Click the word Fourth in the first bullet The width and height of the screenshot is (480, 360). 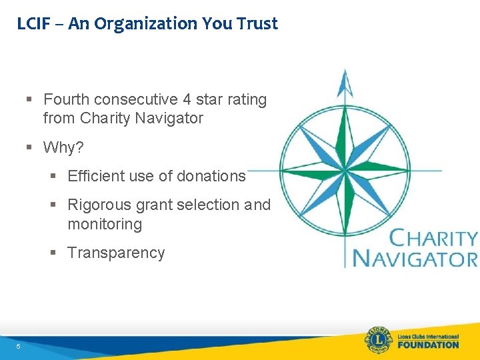(67, 100)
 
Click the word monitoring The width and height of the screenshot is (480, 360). (105, 224)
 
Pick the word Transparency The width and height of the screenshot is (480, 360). (116, 253)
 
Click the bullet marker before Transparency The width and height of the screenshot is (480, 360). (54, 253)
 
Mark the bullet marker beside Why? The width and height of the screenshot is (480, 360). (30, 147)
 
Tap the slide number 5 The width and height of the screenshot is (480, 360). (19, 346)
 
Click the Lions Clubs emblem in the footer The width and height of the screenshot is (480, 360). (377, 340)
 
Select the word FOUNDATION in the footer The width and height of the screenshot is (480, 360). (428, 345)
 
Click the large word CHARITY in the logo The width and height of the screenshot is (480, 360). (433, 239)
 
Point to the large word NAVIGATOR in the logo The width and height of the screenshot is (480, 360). (415, 258)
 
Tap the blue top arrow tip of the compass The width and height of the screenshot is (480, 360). (345, 80)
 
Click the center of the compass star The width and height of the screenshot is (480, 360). (345, 170)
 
